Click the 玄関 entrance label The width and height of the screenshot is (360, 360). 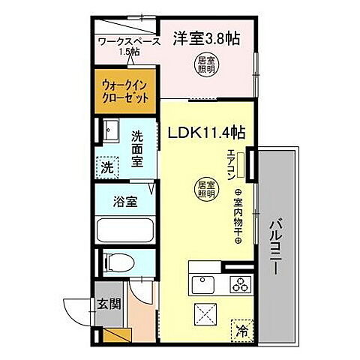(x=106, y=303)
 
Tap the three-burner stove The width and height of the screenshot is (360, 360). (x=241, y=284)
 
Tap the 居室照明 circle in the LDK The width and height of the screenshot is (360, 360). (x=205, y=190)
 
